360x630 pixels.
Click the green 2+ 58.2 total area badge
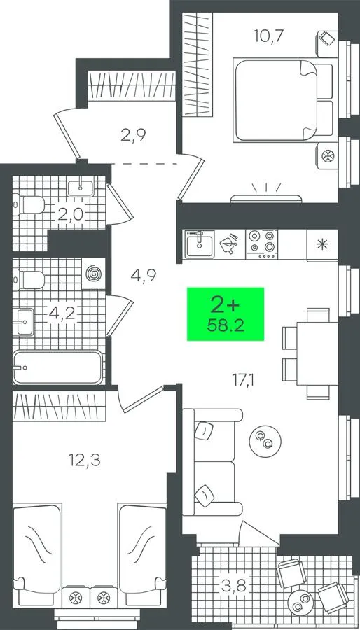(x=226, y=314)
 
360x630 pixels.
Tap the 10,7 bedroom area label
(x=269, y=36)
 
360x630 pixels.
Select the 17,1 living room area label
(x=244, y=379)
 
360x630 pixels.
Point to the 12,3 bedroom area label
(x=84, y=459)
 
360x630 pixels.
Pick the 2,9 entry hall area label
(x=133, y=134)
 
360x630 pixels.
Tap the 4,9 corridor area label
(x=144, y=275)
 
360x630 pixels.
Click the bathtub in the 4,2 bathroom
(x=58, y=367)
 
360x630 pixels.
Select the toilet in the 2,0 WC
(x=28, y=204)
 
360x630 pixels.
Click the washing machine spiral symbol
(x=93, y=274)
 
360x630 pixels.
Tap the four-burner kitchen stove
(x=261, y=244)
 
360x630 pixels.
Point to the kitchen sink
(x=200, y=245)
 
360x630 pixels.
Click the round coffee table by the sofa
(x=265, y=440)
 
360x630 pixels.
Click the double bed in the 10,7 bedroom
(x=284, y=100)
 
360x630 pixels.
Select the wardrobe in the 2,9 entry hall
(x=132, y=85)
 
